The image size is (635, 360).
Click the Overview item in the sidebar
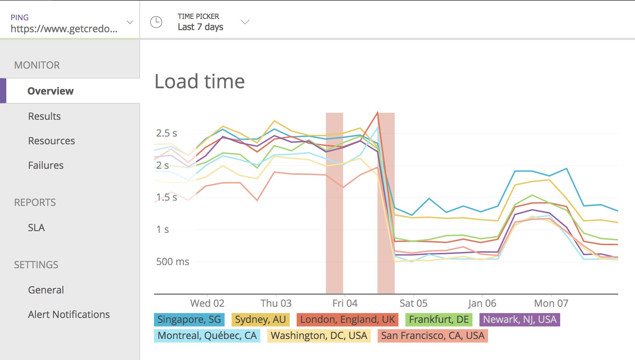click(50, 91)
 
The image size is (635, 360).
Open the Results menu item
click(44, 116)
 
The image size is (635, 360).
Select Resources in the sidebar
click(51, 141)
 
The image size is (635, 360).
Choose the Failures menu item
click(46, 165)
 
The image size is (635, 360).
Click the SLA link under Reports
click(36, 228)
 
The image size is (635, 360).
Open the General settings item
click(46, 290)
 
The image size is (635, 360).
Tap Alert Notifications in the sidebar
click(69, 314)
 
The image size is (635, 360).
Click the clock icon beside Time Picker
click(156, 22)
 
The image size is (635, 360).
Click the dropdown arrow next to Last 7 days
click(245, 22)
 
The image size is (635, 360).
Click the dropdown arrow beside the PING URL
click(130, 22)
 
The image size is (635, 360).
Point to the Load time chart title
click(200, 82)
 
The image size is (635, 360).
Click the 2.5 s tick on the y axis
click(167, 133)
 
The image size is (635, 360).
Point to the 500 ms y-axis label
click(173, 262)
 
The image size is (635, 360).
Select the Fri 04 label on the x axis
click(345, 303)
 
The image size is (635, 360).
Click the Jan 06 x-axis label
click(482, 303)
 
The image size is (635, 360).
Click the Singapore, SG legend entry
click(189, 319)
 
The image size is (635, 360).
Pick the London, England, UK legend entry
click(347, 319)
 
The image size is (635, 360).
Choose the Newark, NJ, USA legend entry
click(519, 319)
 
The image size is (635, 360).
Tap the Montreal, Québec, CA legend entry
click(207, 335)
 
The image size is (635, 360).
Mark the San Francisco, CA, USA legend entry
click(433, 335)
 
